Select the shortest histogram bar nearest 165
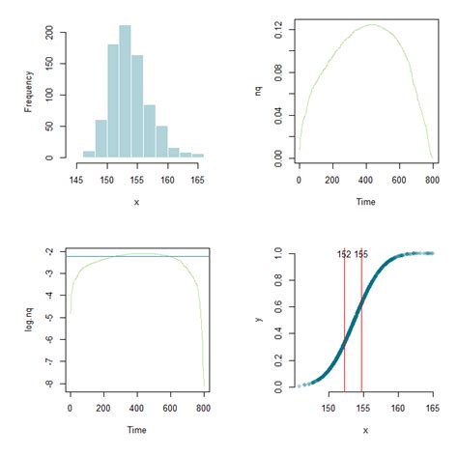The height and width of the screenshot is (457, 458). tap(198, 155)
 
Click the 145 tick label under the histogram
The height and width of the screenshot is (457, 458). tap(76, 180)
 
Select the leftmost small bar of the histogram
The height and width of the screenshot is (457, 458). tap(89, 154)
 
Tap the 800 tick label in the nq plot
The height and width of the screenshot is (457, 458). tap(431, 180)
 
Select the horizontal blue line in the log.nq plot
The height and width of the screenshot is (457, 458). tap(135, 256)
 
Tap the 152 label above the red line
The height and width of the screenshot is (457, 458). tap(343, 254)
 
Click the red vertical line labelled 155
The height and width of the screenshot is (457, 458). tap(361, 328)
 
